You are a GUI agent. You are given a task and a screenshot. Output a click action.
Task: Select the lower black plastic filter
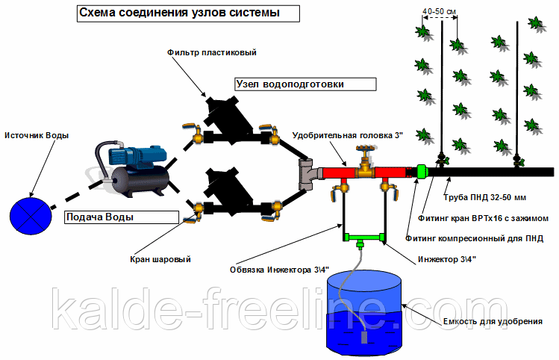pyautogui.click(x=227, y=187)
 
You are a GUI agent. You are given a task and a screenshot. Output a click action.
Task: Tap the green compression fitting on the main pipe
pyautogui.click(x=421, y=172)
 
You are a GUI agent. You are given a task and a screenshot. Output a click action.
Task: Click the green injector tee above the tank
pyautogui.click(x=362, y=240)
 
